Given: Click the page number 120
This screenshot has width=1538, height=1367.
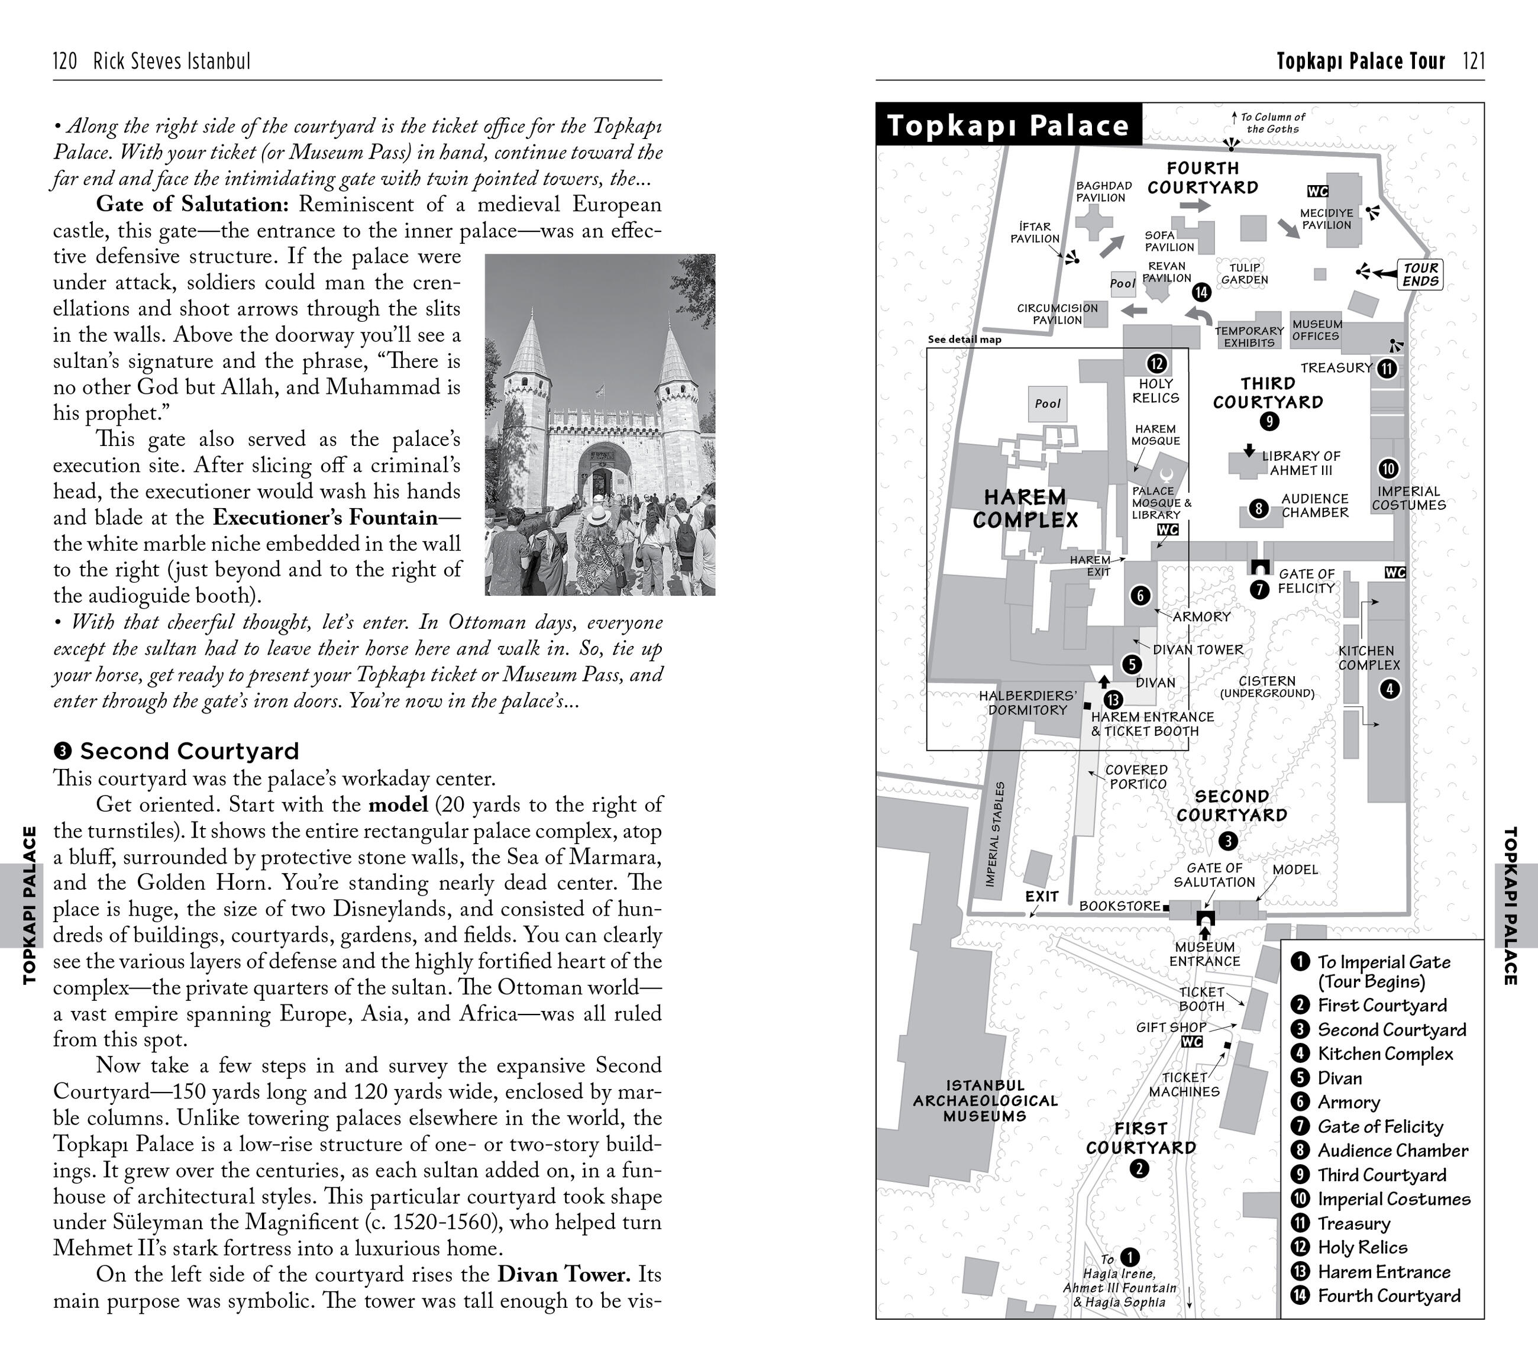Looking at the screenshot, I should tap(66, 61).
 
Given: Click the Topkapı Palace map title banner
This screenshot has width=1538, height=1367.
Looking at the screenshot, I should tap(1009, 125).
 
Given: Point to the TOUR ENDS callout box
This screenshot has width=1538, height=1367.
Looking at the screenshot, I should tap(1420, 274).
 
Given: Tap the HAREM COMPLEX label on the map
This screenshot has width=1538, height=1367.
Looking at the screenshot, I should tap(1025, 509).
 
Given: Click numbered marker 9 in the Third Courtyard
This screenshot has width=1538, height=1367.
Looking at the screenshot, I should tap(1269, 421).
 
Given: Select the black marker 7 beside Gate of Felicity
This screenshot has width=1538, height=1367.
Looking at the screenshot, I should tap(1259, 590).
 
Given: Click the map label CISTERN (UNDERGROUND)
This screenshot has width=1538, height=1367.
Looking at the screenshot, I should tap(1267, 687).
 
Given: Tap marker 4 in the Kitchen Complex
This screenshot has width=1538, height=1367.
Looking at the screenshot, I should tap(1390, 689).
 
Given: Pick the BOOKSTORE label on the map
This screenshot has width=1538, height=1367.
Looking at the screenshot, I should tap(1120, 906).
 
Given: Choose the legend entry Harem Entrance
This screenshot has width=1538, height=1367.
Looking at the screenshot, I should tap(1383, 1271).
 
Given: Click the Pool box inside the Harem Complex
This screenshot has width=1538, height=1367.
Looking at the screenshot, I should tap(1048, 404).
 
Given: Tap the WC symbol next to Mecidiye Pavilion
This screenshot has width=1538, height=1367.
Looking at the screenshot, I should tap(1317, 191).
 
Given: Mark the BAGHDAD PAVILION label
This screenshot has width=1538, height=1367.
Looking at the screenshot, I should tap(1103, 192).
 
